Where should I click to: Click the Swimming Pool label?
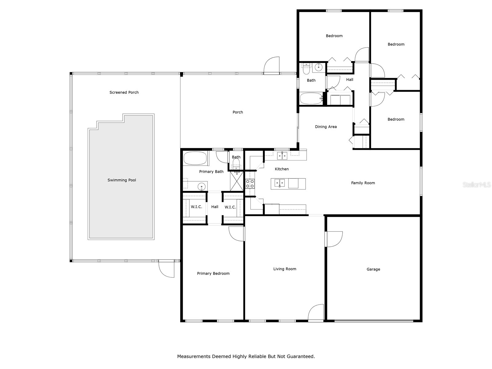coord(121,180)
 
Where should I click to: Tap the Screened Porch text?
coord(124,92)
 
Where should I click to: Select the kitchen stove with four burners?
coord(250,184)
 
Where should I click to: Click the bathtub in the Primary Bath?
coord(195,159)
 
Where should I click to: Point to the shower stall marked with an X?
coord(237,181)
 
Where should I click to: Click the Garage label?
coord(373,269)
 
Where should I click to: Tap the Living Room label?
coord(284,269)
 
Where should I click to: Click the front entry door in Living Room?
coord(316,313)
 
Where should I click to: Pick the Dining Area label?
coord(326,127)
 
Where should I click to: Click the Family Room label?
coord(363,183)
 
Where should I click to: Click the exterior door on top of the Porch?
coord(272,65)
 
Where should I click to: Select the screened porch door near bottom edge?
coord(166,269)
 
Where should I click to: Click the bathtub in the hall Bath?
coord(311,99)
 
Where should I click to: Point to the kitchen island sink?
coord(279,183)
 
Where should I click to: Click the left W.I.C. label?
coord(196,207)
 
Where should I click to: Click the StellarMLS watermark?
coord(476,185)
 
